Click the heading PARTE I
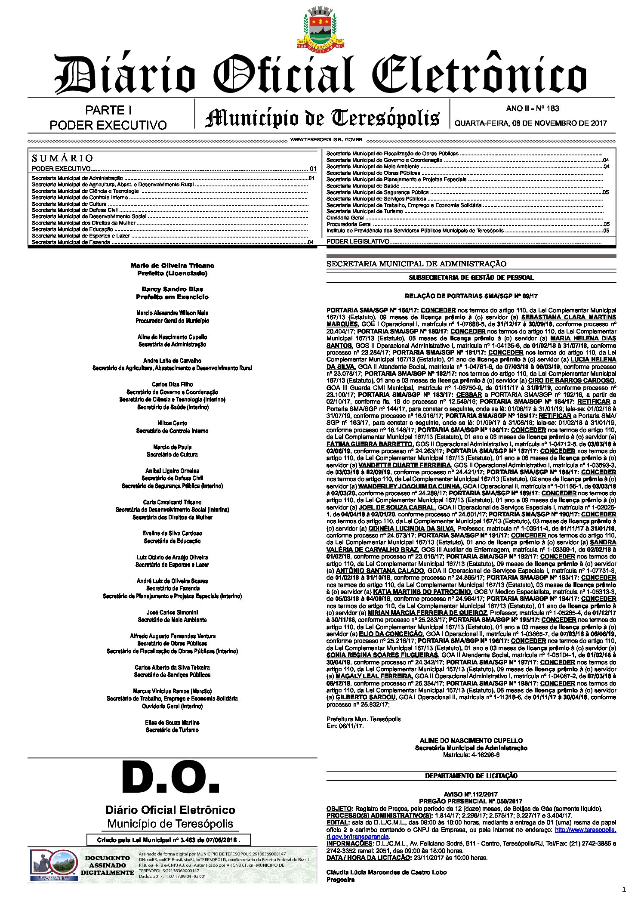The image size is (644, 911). coord(108,111)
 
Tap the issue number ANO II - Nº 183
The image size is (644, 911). coord(533,108)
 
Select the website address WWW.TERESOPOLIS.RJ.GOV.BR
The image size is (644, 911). coord(326,140)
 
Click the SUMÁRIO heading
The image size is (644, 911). coord(62,158)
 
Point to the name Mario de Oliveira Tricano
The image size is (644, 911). coord(172,266)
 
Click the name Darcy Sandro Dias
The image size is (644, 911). coord(172,289)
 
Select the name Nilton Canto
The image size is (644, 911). coord(172,423)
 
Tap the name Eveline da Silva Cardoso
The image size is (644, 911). coord(172,533)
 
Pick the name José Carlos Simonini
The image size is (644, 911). coord(172,612)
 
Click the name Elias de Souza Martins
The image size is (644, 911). coord(172,723)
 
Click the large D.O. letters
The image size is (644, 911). coord(171,778)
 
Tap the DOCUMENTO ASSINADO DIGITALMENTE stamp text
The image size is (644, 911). coord(108,865)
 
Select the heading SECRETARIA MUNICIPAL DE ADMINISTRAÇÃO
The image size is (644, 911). coord(416,264)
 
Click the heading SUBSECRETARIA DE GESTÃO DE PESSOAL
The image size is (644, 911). coord(471,278)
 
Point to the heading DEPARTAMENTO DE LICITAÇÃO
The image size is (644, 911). coord(471,775)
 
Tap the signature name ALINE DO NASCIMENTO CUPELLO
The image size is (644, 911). coord(471,741)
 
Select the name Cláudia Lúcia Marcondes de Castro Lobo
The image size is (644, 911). coord(386,872)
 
